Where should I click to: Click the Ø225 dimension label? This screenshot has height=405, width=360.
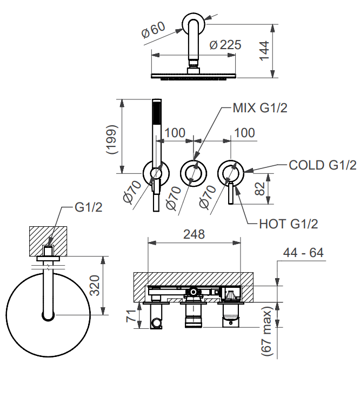coord(225,45)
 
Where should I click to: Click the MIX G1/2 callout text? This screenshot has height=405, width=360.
coord(259,108)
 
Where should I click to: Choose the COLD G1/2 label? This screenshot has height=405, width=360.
coord(323,165)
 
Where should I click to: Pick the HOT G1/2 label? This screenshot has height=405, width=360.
coord(288,223)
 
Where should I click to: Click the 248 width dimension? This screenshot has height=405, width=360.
coord(194,234)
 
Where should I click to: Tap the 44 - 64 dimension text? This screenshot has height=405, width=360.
coord(304,252)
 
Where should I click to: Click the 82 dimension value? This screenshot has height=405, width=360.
coord(261,188)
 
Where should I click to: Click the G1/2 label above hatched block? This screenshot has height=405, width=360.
coord(88,207)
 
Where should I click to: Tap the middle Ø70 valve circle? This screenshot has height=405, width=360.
coord(193,173)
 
